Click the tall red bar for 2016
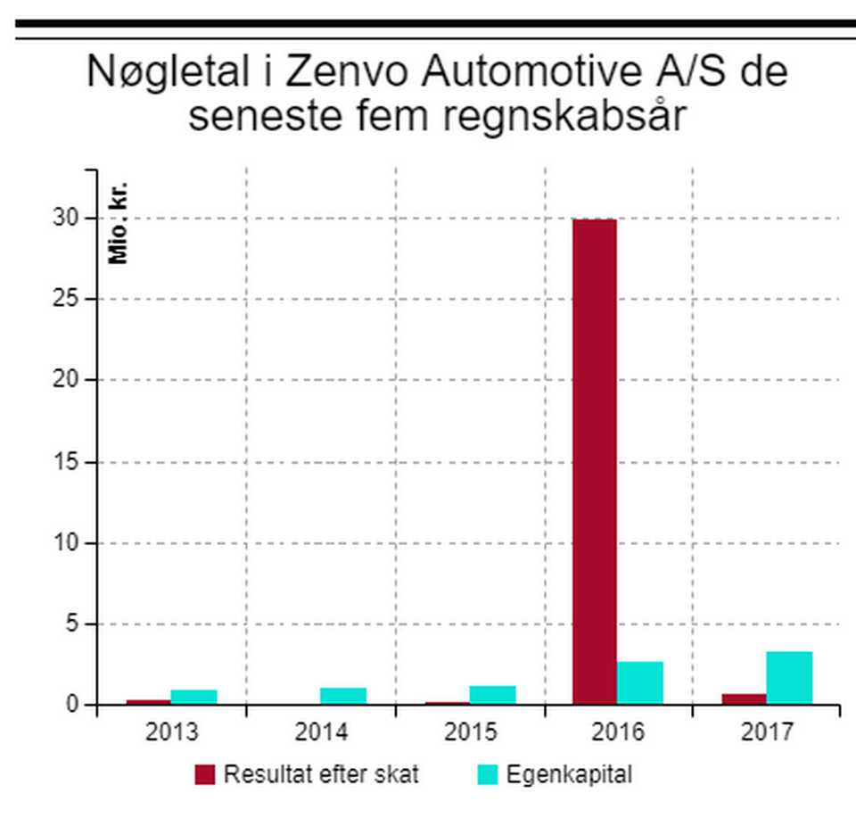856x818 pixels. (594, 461)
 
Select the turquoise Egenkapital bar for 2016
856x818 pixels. (640, 682)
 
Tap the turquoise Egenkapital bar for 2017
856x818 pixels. (789, 678)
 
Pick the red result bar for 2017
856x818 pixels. (744, 698)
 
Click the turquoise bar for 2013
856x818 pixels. (193, 697)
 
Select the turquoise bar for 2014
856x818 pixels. (342, 696)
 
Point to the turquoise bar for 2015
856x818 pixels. (492, 695)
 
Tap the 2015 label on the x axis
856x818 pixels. (470, 732)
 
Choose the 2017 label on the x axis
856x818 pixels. (767, 732)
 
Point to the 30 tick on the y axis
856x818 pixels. (67, 219)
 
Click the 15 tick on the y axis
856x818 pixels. (67, 462)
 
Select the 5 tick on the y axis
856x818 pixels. (73, 624)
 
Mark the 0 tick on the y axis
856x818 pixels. (73, 706)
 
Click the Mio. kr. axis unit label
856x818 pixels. (119, 223)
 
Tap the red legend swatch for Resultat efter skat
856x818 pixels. (205, 774)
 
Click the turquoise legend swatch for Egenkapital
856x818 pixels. (488, 774)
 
